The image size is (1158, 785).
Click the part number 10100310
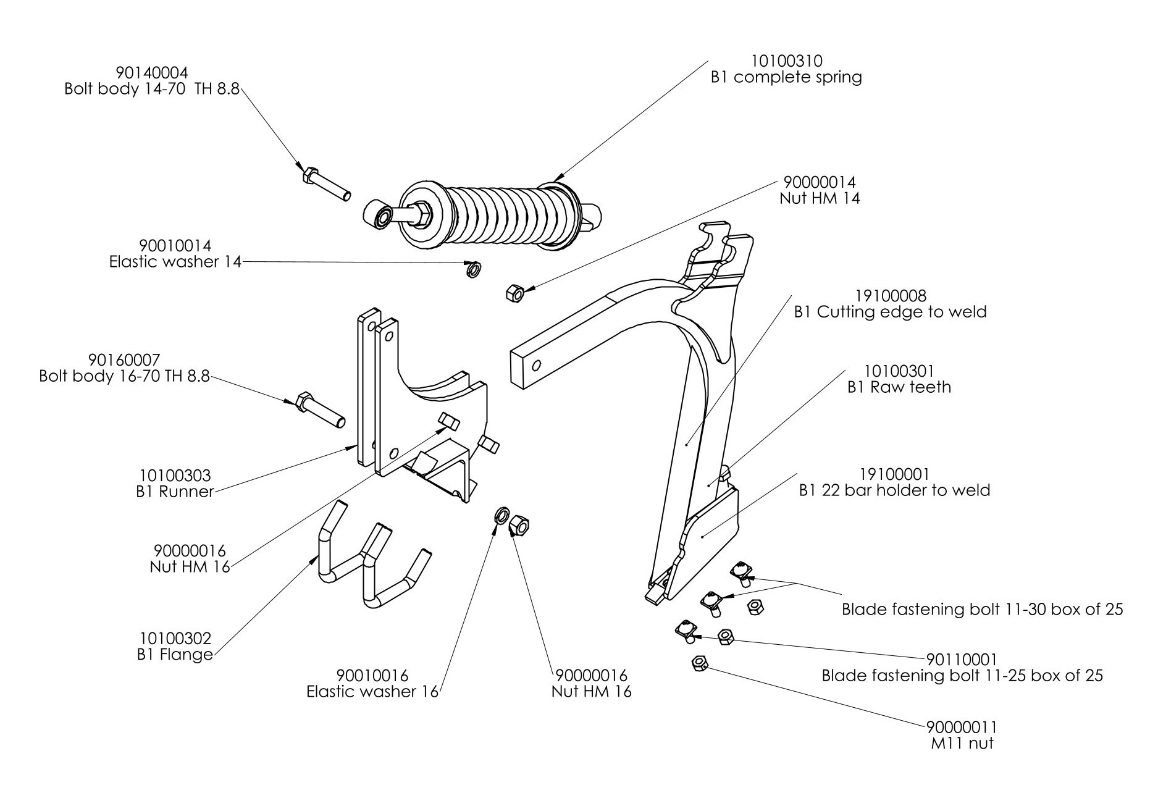pyautogui.click(x=786, y=61)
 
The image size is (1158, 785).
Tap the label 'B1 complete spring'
pyautogui.click(x=786, y=78)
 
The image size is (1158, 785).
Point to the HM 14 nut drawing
pyautogui.click(x=514, y=293)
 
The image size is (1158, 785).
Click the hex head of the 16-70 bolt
pyautogui.click(x=303, y=402)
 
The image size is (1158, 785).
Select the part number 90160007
pyautogui.click(x=124, y=359)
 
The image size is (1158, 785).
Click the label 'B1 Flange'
pyautogui.click(x=175, y=654)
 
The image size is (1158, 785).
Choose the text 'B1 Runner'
pyautogui.click(x=175, y=492)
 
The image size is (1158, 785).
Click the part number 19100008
pyautogui.click(x=891, y=296)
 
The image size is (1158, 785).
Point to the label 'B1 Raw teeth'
pyautogui.click(x=899, y=387)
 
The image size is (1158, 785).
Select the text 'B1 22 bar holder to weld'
pyautogui.click(x=894, y=490)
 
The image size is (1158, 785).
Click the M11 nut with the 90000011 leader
pyautogui.click(x=699, y=663)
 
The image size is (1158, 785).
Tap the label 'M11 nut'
pyautogui.click(x=962, y=743)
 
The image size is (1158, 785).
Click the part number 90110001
pyautogui.click(x=962, y=659)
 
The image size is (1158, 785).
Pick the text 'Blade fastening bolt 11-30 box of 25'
pyautogui.click(x=982, y=610)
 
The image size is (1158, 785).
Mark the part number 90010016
pyautogui.click(x=372, y=676)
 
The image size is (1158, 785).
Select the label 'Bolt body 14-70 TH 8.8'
pyautogui.click(x=152, y=89)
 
